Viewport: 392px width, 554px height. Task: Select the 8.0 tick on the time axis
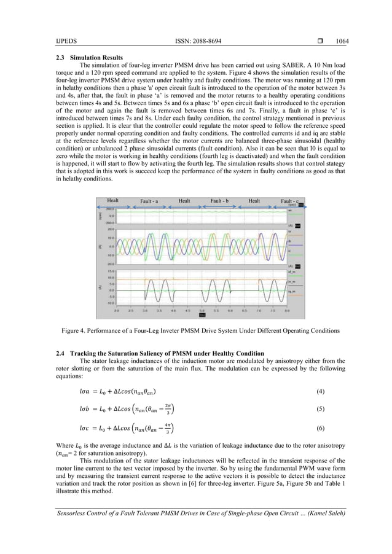[287, 312]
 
